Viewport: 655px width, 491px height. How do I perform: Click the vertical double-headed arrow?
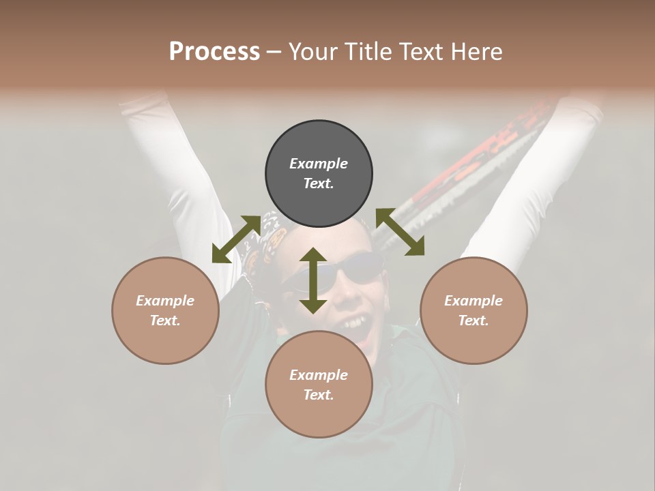pos(313,280)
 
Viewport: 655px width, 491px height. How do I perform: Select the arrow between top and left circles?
pos(236,239)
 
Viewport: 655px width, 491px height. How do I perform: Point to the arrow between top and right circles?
pos(400,232)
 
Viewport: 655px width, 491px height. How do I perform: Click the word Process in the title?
pos(214,51)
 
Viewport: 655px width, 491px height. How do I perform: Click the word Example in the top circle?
pos(319,164)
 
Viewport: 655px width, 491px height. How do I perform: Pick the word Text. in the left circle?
pos(165,321)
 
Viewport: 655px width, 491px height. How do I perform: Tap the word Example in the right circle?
pos(474,301)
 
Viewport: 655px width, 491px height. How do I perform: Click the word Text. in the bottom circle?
pos(319,395)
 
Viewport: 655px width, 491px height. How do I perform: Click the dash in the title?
pos(274,52)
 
